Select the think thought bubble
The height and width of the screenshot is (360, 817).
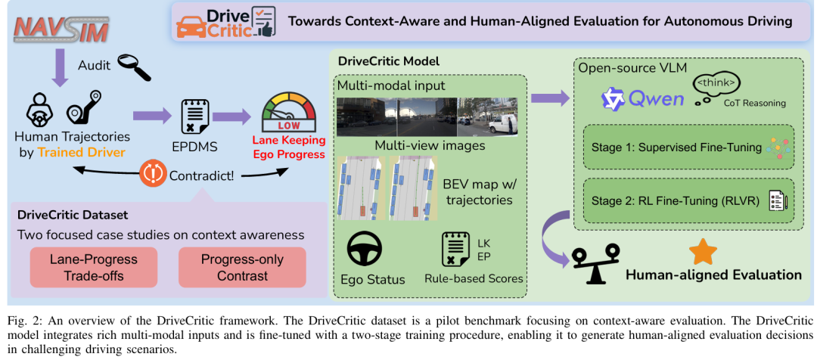[716, 84]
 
